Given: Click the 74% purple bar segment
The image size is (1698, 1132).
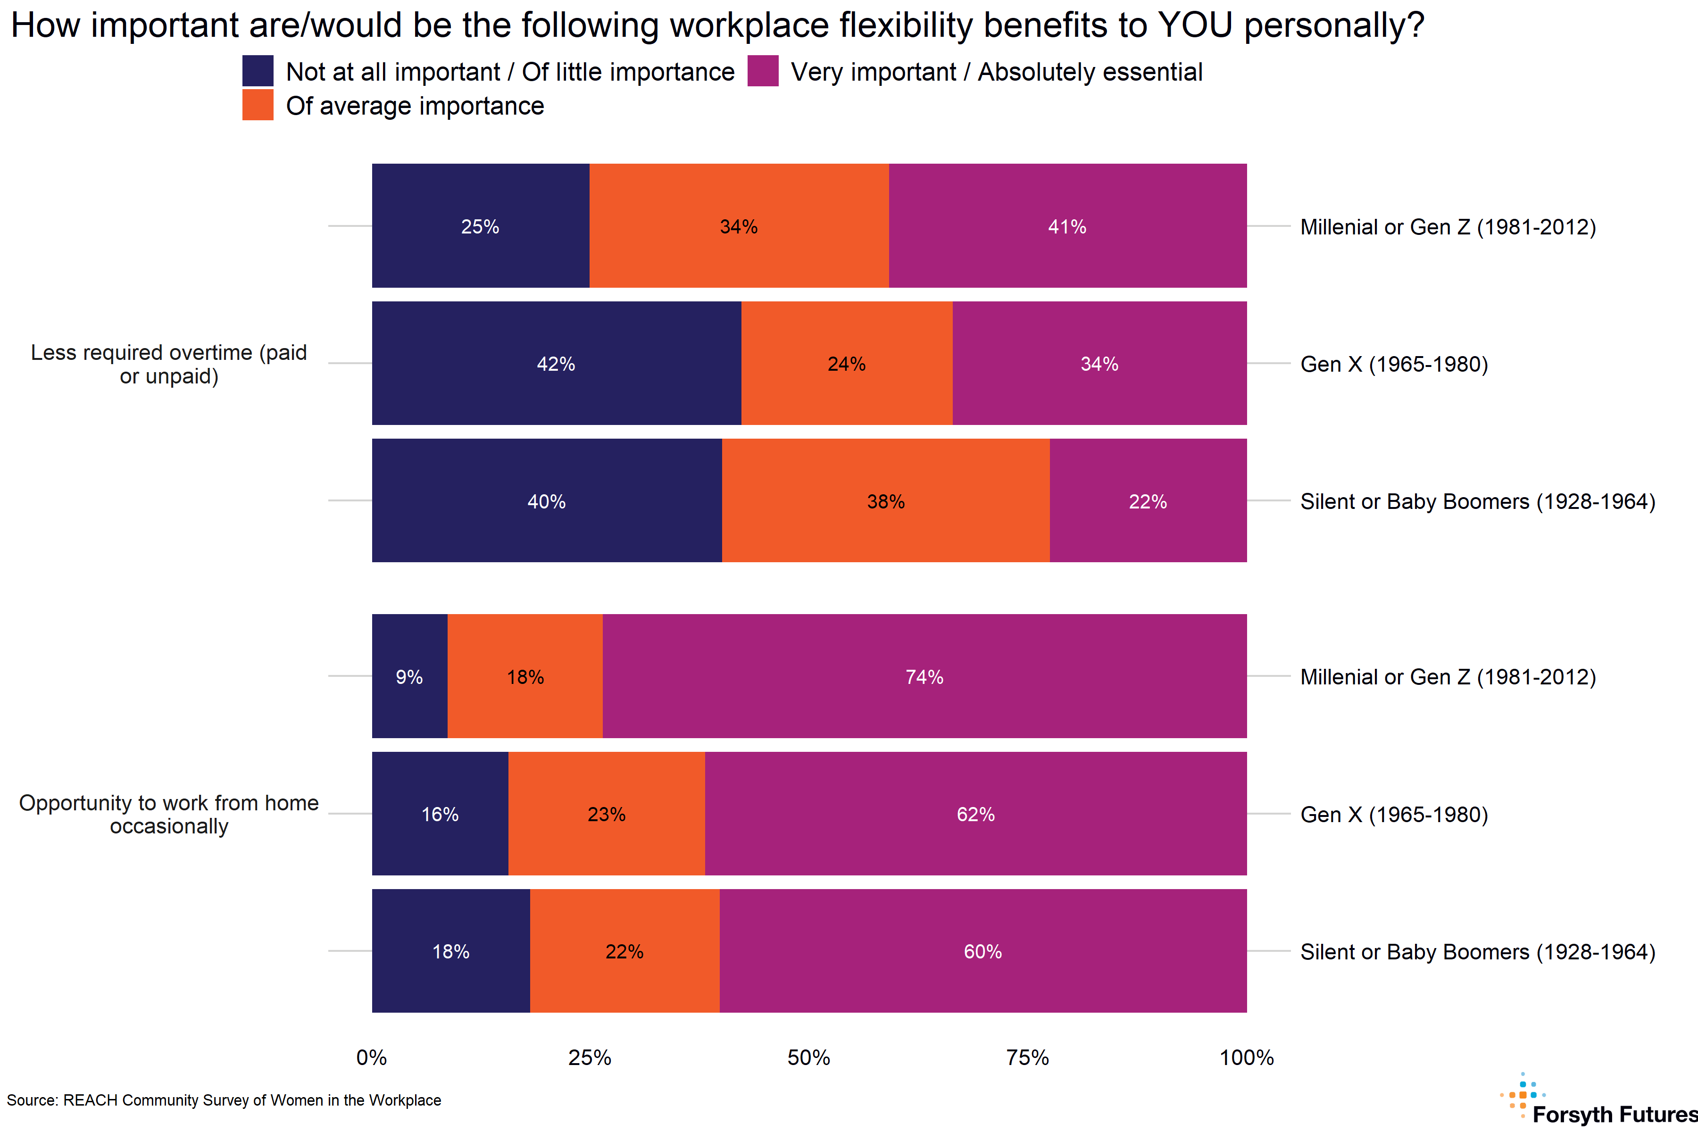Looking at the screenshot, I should point(924,676).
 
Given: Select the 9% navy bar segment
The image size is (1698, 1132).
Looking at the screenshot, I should point(409,676).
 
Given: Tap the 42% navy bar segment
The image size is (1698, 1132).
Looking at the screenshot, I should point(556,363).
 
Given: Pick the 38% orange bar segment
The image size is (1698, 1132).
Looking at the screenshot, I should point(885,500).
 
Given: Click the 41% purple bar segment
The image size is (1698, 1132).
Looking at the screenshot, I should point(1067,226).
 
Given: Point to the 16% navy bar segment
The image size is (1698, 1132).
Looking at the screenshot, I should point(440,814).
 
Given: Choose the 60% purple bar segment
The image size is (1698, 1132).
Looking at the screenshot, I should point(982,951).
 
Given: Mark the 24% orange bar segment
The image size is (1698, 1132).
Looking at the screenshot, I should point(846,363).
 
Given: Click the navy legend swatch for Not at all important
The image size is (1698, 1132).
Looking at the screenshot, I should point(258,71).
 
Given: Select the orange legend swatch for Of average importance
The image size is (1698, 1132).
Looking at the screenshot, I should point(258,105).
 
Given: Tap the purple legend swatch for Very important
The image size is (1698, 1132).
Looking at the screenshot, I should point(763,71).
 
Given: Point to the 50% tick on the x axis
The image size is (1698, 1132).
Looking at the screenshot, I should point(808,1057).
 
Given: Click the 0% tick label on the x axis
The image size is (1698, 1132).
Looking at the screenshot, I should point(372,1057).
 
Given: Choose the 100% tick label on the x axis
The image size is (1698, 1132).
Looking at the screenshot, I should point(1246,1057).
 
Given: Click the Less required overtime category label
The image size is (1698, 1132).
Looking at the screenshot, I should point(169,364).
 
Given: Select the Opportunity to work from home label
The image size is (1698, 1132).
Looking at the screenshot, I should point(169,814).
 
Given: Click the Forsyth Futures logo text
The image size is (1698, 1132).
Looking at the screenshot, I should point(1614,1114).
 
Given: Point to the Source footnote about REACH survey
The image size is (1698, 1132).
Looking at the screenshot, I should point(224,1099).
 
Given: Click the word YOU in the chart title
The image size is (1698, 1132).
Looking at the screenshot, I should point(1195,25).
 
